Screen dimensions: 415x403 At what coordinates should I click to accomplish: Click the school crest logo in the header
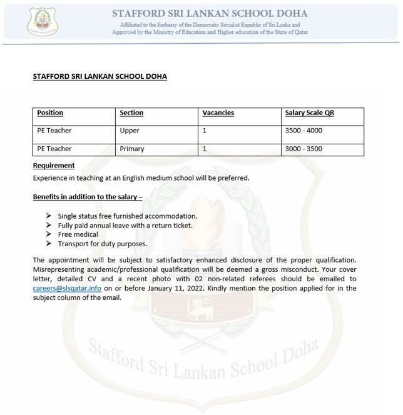coord(43,21)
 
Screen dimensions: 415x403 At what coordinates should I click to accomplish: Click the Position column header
coord(50,112)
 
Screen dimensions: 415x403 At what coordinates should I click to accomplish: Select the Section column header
coord(131,112)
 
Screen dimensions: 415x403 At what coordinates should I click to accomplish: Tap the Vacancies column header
coord(218,112)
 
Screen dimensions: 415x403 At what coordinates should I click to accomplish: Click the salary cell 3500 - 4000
coord(304,131)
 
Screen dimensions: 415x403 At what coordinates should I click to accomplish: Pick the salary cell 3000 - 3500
coord(304,149)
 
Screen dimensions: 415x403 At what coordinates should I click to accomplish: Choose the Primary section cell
coord(132,149)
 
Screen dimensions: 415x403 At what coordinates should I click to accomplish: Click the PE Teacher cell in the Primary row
coord(54,149)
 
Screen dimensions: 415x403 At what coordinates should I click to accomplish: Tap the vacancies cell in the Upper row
coord(205,131)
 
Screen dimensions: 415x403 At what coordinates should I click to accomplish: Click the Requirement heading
coord(54,166)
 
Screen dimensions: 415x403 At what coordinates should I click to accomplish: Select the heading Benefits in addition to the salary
coord(88,197)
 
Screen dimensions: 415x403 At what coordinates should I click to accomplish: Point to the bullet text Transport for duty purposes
coord(102,244)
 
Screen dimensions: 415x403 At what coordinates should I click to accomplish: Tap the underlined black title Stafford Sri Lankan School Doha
coord(99,77)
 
